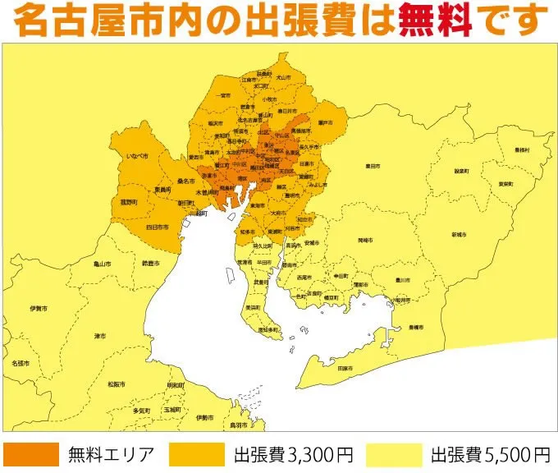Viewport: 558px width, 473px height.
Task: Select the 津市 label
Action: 99,336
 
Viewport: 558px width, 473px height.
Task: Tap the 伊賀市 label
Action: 38,308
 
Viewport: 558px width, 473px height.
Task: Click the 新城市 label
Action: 457,235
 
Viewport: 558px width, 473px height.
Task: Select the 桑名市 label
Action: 185,180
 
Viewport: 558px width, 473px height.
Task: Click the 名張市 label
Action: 21,362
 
